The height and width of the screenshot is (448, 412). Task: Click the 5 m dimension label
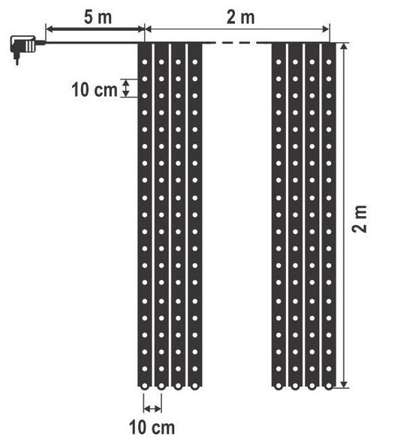(x=98, y=17)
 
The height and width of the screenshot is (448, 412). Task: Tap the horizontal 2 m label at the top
(x=240, y=17)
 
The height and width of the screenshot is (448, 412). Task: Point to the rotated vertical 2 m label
(x=359, y=219)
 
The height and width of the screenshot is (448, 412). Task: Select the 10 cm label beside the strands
(x=95, y=90)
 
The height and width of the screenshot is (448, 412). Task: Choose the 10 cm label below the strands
(x=152, y=428)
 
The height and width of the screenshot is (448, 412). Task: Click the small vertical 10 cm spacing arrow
(x=126, y=88)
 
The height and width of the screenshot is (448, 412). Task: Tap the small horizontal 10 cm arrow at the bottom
(x=152, y=409)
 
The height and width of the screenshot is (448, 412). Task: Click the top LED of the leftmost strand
(x=145, y=62)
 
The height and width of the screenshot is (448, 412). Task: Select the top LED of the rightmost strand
(x=329, y=62)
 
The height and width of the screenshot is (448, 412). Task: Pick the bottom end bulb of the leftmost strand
(x=145, y=386)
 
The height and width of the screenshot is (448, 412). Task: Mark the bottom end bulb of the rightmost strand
(x=329, y=386)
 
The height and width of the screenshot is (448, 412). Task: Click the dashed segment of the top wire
(x=237, y=43)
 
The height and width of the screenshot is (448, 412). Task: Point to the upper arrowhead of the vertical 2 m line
(x=344, y=47)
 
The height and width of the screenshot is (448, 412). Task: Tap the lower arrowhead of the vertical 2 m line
(x=344, y=383)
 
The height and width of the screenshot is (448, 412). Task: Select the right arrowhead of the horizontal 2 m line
(x=326, y=29)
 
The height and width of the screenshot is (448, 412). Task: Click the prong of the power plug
(x=17, y=60)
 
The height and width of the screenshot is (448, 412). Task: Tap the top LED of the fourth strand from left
(x=195, y=62)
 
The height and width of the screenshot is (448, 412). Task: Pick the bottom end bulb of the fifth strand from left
(x=278, y=386)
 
